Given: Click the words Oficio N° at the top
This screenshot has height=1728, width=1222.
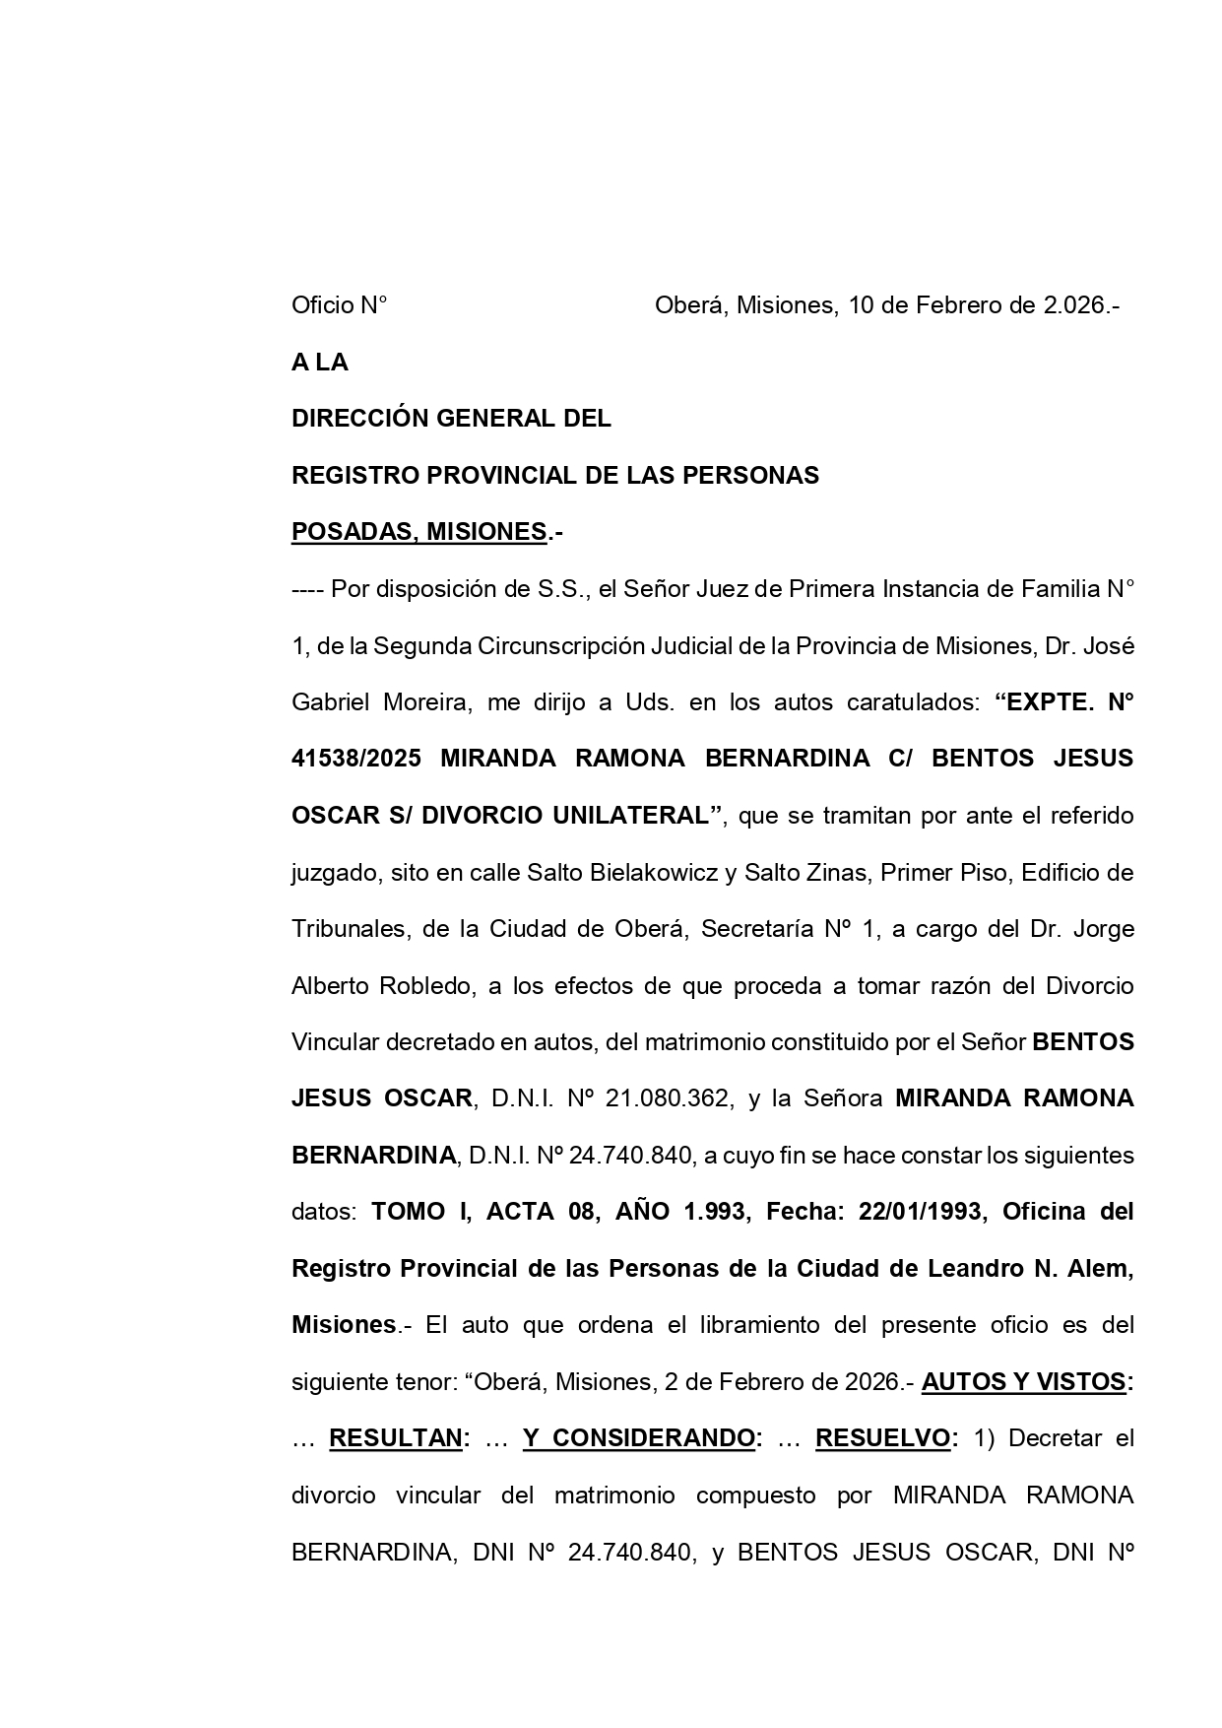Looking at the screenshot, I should pyautogui.click(x=339, y=305).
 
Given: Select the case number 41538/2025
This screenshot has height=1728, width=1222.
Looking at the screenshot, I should pyautogui.click(x=356, y=759).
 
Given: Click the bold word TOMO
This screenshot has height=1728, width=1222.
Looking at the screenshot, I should pyautogui.click(x=407, y=1212).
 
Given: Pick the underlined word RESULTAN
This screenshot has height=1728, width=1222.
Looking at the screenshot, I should pyautogui.click(x=396, y=1438).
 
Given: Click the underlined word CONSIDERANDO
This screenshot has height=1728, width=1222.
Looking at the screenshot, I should pyautogui.click(x=638, y=1438).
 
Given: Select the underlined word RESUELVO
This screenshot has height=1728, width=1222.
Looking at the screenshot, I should pyautogui.click(x=881, y=1438).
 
